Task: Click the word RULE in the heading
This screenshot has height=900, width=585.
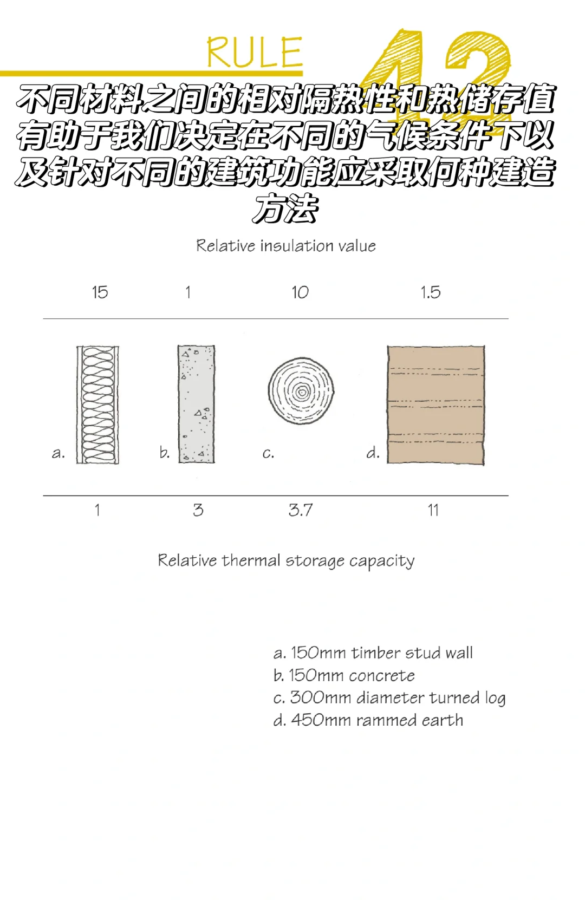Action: (254, 53)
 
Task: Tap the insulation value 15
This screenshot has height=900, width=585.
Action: (100, 292)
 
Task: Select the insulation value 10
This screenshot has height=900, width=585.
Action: (300, 292)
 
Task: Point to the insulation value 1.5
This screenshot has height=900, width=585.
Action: (431, 292)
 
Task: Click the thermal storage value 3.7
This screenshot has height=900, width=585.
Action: (301, 510)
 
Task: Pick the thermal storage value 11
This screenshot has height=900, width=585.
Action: (433, 510)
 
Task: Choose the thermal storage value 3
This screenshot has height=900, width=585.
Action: (198, 510)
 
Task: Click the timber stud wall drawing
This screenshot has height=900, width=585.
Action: (97, 405)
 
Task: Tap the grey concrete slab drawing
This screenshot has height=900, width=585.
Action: (196, 404)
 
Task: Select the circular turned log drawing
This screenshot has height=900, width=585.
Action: (301, 390)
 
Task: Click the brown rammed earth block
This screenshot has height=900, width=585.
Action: (435, 405)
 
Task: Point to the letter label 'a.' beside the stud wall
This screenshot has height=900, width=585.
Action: (58, 453)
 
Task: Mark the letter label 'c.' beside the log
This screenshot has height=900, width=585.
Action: (268, 453)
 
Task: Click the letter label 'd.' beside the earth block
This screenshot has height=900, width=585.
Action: (373, 453)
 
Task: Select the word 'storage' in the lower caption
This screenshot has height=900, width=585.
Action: (315, 561)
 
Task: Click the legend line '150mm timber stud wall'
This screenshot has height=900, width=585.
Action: (373, 653)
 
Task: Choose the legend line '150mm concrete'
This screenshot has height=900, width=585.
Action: (344, 676)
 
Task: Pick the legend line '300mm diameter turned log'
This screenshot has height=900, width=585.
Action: (389, 698)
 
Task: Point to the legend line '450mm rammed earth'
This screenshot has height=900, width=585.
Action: (368, 721)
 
